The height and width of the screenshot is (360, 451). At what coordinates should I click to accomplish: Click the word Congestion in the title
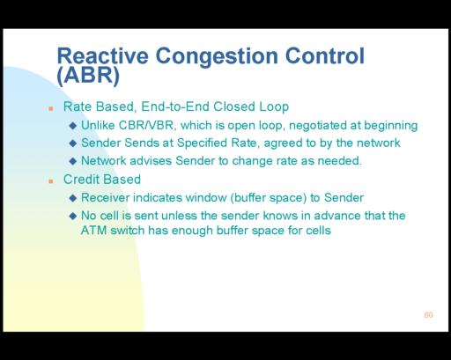tap(217, 56)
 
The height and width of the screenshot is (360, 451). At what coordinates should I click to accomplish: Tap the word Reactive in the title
tap(103, 55)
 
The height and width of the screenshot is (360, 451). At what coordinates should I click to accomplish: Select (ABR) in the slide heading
tap(88, 76)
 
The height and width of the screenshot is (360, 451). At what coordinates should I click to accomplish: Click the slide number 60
tap(428, 315)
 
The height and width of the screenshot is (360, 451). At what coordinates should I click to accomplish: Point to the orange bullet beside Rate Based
tap(51, 109)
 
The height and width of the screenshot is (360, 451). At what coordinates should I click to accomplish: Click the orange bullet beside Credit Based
tap(51, 181)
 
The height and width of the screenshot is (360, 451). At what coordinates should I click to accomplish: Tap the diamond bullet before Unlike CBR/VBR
tap(73, 126)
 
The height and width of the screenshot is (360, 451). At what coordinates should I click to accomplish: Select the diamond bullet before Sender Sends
tap(73, 143)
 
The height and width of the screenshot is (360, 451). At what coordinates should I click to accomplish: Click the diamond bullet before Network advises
tap(73, 161)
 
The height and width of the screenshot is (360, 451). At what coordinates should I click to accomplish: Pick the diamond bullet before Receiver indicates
tap(73, 198)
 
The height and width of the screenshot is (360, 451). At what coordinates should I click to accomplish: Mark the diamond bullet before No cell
tap(73, 217)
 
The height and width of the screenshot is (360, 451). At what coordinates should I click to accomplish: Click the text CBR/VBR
tap(147, 125)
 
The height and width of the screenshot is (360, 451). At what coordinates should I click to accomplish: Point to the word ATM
tap(93, 231)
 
